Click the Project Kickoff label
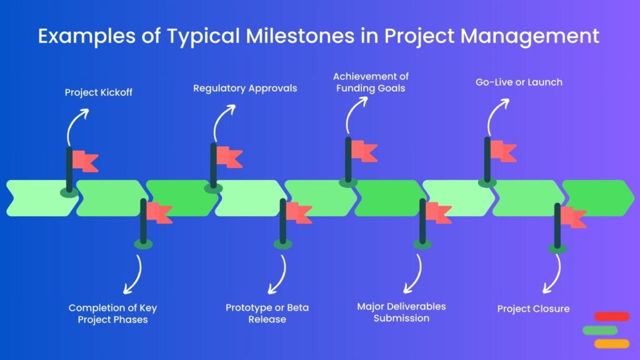pos(99,93)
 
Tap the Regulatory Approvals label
pos(245,88)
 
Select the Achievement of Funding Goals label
pos(371,82)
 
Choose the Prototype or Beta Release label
pos(267,314)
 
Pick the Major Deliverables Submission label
pos(401,312)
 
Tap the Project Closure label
pos(533,309)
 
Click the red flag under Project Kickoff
pos(84,161)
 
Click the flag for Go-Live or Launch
pos(502,151)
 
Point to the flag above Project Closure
pos(572,217)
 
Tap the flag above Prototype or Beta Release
pos(298,213)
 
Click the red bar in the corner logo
pos(612,316)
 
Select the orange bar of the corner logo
pos(612,343)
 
